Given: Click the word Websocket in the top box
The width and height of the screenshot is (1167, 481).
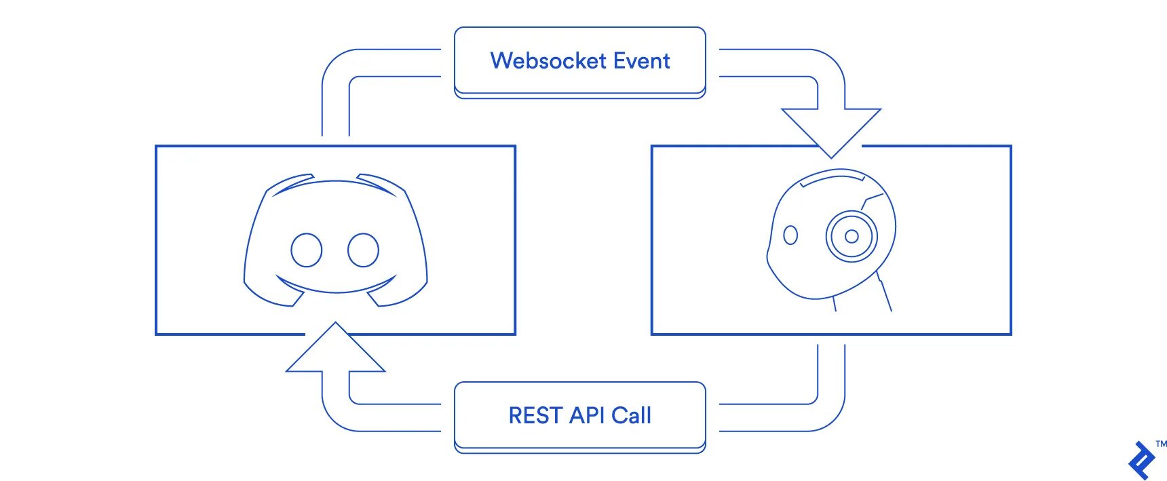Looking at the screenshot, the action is (548, 61).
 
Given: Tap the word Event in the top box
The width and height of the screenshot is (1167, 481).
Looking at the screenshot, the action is (642, 61).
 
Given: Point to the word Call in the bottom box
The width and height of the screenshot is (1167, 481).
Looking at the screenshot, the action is (631, 415).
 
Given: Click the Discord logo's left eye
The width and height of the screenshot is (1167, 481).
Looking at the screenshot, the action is (306, 250).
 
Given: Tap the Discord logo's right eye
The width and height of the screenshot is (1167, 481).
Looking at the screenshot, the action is (363, 250).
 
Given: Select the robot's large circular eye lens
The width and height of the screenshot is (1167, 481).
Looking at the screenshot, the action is (852, 236).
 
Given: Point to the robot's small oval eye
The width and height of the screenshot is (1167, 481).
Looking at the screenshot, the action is (790, 235).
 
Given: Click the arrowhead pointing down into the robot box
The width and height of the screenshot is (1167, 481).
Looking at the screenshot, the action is (831, 133).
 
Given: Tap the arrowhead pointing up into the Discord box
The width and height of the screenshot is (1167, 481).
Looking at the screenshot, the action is (336, 347).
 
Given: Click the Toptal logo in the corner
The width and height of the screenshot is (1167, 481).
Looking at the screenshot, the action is (1142, 461).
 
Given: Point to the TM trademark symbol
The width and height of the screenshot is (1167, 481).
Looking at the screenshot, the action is (1162, 444).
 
